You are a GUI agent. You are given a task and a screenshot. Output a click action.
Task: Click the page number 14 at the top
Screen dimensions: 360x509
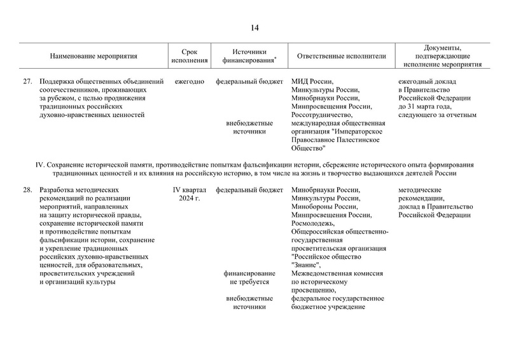tap(254, 27)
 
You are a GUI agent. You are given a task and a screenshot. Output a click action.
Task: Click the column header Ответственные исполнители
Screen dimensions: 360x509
tap(341, 56)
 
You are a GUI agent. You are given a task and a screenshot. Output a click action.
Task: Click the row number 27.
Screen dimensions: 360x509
tap(27, 82)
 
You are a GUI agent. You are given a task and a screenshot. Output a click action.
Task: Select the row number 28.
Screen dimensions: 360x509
tap(27, 190)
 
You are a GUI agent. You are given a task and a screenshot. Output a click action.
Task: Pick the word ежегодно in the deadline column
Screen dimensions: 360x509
tap(189, 82)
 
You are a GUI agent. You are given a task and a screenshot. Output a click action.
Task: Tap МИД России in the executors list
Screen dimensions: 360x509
tap(312, 82)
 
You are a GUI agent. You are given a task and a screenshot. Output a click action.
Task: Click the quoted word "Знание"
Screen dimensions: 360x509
tap(306, 265)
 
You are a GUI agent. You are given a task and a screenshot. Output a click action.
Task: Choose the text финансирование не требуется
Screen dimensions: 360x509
tap(249, 277)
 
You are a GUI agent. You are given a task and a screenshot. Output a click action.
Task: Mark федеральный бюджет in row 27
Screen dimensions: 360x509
tap(249, 82)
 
